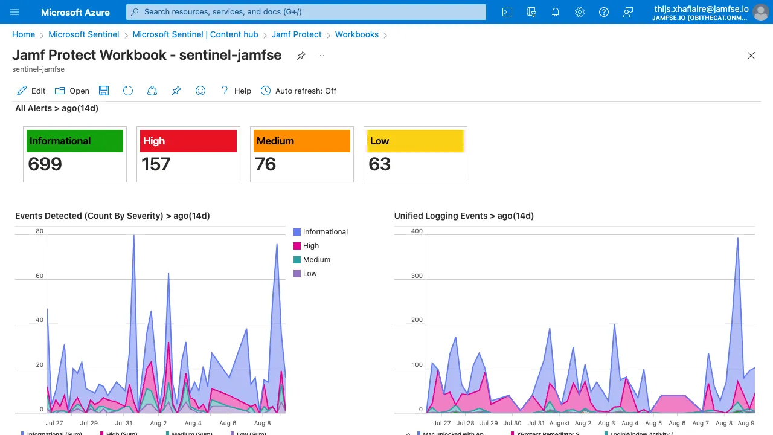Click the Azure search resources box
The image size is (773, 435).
pyautogui.click(x=306, y=12)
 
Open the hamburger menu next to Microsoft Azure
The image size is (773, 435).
pyautogui.click(x=15, y=12)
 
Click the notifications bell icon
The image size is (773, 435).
pyautogui.click(x=556, y=12)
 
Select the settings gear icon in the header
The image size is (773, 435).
pyautogui.click(x=580, y=12)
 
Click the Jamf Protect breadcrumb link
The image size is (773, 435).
pyautogui.click(x=297, y=34)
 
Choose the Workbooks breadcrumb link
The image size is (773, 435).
pyautogui.click(x=357, y=34)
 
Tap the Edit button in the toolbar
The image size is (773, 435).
pyautogui.click(x=31, y=91)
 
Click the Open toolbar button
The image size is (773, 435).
pyautogui.click(x=72, y=91)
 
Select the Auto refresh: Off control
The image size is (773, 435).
pyautogui.click(x=298, y=91)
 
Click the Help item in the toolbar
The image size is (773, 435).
pyautogui.click(x=236, y=91)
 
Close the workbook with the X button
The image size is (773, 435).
pyautogui.click(x=751, y=56)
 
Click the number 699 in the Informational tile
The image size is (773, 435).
pyautogui.click(x=45, y=164)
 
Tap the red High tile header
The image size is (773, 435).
pyautogui.click(x=188, y=141)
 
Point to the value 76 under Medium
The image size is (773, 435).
pyautogui.click(x=266, y=164)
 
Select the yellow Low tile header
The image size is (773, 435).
pyautogui.click(x=415, y=141)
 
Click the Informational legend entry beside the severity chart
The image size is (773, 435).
pyautogui.click(x=325, y=232)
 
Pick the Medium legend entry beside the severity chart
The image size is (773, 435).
pyautogui.click(x=316, y=260)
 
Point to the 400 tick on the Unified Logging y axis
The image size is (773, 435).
pyautogui.click(x=400, y=231)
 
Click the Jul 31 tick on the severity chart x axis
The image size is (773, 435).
pyautogui.click(x=124, y=424)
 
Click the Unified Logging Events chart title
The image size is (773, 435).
pyautogui.click(x=464, y=216)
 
